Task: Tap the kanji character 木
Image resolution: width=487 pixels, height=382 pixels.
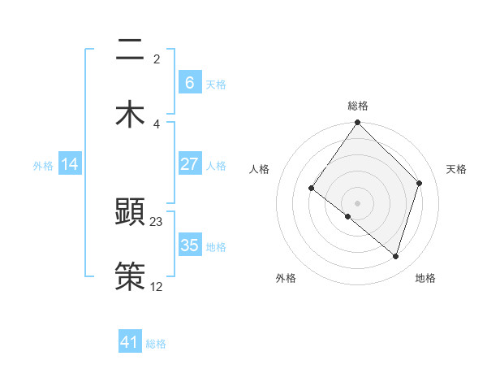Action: pyautogui.click(x=130, y=113)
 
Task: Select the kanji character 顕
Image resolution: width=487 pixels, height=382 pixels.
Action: pyautogui.click(x=130, y=213)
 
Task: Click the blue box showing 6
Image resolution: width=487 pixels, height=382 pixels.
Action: pyautogui.click(x=189, y=83)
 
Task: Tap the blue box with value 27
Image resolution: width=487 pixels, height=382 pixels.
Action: pyautogui.click(x=189, y=164)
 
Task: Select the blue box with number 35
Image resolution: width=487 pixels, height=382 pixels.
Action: pyautogui.click(x=189, y=245)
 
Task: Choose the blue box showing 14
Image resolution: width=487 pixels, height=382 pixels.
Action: pyautogui.click(x=70, y=164)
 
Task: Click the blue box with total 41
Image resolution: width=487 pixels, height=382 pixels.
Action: pyautogui.click(x=130, y=342)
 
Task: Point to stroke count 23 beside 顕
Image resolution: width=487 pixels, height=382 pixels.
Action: pyautogui.click(x=157, y=221)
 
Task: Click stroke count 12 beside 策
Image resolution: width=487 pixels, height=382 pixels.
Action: pyautogui.click(x=157, y=286)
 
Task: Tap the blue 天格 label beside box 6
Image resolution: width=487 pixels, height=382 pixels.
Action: pyautogui.click(x=216, y=85)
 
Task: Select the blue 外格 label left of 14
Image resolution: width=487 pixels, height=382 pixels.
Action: pyautogui.click(x=43, y=166)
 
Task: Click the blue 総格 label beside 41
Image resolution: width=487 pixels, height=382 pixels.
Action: pyautogui.click(x=156, y=344)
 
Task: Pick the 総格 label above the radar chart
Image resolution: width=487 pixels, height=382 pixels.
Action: pyautogui.click(x=358, y=106)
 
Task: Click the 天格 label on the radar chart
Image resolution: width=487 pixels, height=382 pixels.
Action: pyautogui.click(x=456, y=169)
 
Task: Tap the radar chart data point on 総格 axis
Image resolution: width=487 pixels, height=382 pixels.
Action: pyautogui.click(x=358, y=123)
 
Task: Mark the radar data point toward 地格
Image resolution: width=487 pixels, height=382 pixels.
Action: pyautogui.click(x=395, y=256)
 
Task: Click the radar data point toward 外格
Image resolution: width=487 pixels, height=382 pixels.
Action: pyautogui.click(x=348, y=216)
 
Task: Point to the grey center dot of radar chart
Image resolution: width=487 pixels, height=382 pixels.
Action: pyautogui.click(x=358, y=202)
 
